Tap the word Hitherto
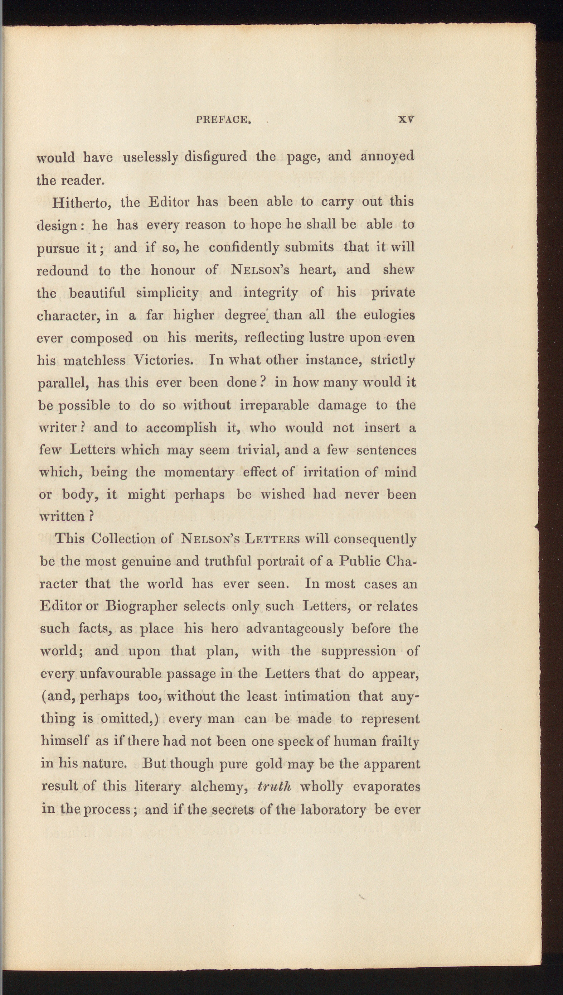[82, 203]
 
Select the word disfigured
[216, 157]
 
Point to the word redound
[62, 270]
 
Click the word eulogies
[389, 315]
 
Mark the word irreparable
[275, 405]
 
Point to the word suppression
[358, 652]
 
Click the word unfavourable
[120, 674]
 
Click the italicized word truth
[274, 787]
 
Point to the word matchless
[94, 361]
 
